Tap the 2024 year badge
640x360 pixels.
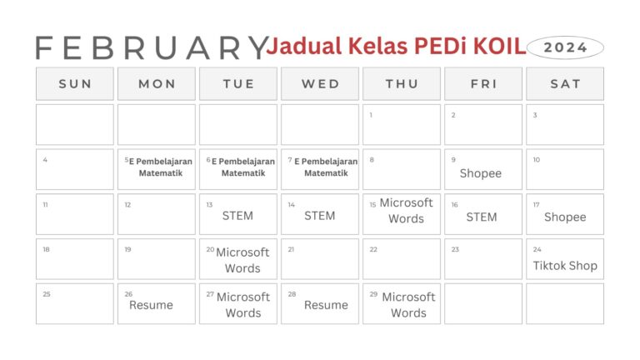coord(565,47)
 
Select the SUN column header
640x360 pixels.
coord(75,84)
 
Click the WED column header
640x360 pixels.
coord(321,84)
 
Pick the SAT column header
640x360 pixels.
coord(565,84)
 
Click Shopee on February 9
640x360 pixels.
coord(481,173)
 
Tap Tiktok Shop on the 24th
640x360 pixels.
coord(565,266)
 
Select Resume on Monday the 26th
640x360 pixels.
coord(151,305)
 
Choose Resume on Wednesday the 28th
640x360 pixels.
coord(326,305)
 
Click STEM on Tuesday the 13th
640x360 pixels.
coord(237,216)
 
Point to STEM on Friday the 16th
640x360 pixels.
coord(482,217)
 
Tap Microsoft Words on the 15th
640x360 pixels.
coord(407,211)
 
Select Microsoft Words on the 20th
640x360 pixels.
coord(242,260)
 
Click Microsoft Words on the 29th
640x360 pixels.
coord(408,305)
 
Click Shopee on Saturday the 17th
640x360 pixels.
coord(565,217)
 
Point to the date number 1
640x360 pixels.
coord(371,115)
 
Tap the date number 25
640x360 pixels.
coord(46,293)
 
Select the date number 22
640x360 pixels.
coord(373,249)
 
